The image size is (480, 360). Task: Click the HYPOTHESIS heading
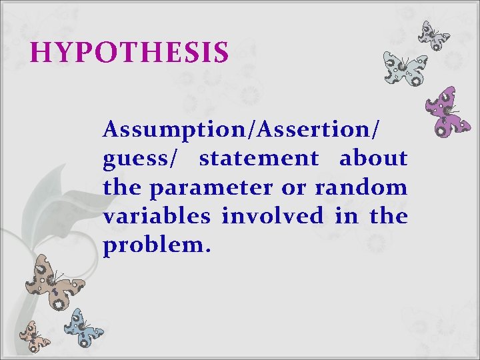click(x=130, y=53)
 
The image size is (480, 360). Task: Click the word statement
click(x=259, y=159)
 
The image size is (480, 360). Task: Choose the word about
click(x=373, y=159)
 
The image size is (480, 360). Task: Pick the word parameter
click(x=211, y=189)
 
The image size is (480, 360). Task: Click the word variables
click(x=157, y=217)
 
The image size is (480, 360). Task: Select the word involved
click(x=269, y=217)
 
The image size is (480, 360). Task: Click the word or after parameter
click(x=293, y=189)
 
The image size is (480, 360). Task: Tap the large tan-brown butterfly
click(x=53, y=281)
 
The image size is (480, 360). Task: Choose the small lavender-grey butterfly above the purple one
click(x=434, y=35)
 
